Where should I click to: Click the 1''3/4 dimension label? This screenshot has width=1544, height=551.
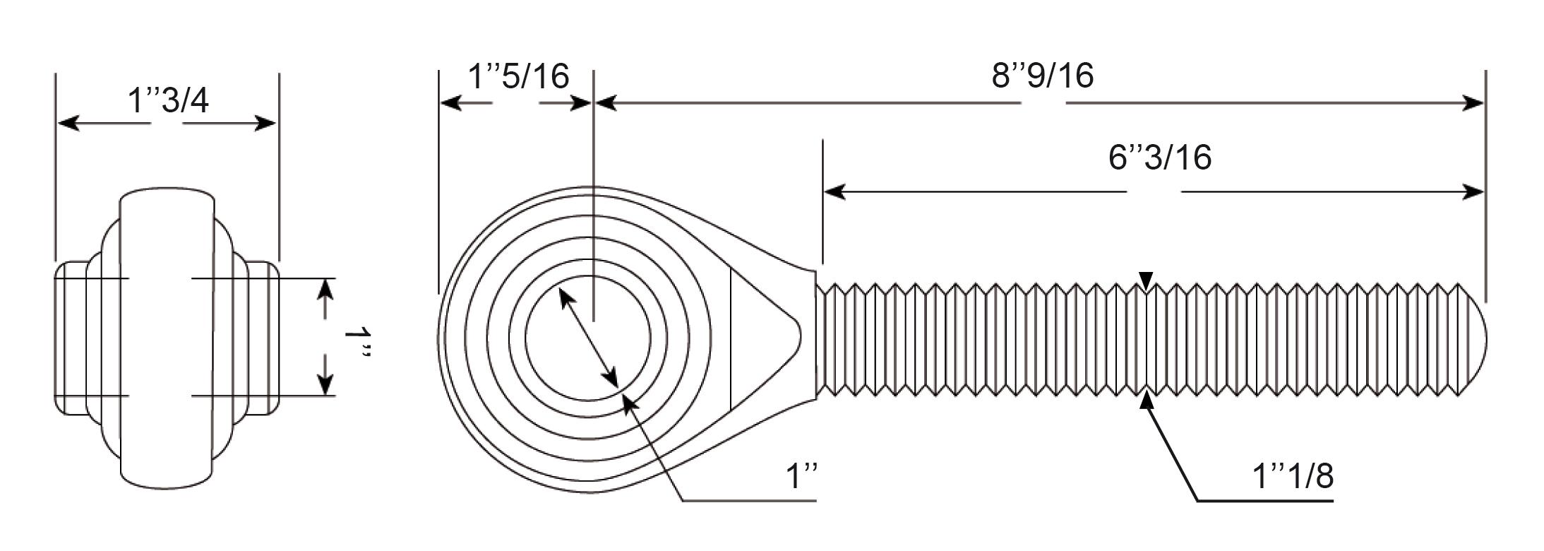pos(168,100)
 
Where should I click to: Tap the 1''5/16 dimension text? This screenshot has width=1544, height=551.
pos(519,76)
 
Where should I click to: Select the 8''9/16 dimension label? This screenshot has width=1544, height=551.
pos(1043,76)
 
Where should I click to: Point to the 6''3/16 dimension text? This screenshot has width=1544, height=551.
pos(1160,157)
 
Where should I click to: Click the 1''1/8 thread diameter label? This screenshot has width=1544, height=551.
pos(1293,476)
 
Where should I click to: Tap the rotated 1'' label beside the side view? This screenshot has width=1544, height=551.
pos(357,342)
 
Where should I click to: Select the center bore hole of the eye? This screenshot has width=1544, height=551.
pos(587,338)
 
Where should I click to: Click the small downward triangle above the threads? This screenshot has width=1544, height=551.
pos(1147,280)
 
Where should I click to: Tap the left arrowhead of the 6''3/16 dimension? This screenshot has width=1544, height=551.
pos(836,191)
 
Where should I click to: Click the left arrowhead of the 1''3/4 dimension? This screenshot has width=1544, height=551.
pos(69,124)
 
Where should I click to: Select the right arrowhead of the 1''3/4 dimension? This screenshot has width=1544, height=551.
pos(264,124)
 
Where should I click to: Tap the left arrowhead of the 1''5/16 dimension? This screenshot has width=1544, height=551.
pos(452,104)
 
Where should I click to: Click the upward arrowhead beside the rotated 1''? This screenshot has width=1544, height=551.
pos(325,290)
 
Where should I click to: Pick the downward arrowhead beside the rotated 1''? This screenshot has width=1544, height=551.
pos(325,384)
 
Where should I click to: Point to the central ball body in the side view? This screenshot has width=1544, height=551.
pos(167,338)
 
